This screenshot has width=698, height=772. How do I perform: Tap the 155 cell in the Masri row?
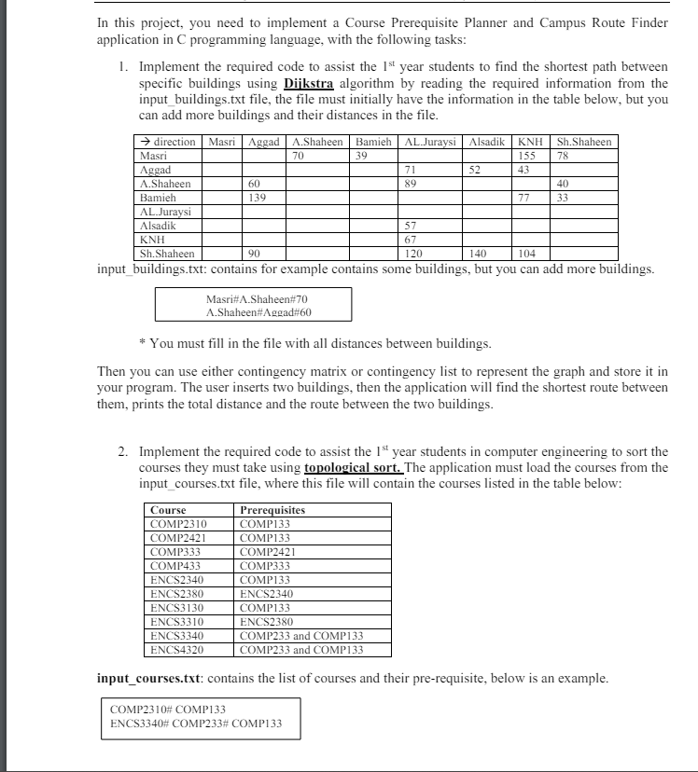click(530, 157)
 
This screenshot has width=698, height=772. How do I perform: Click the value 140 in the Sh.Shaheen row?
click(478, 253)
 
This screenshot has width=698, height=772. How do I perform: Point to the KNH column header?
click(530, 142)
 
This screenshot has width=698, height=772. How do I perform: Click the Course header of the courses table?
click(168, 510)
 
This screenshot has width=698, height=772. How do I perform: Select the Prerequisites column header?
click(272, 510)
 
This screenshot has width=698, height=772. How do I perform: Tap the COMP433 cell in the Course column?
click(176, 565)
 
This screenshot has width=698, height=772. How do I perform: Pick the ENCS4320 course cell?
click(176, 649)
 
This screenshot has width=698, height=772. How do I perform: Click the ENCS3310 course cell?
click(176, 621)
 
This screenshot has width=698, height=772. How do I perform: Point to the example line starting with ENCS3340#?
click(196, 724)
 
